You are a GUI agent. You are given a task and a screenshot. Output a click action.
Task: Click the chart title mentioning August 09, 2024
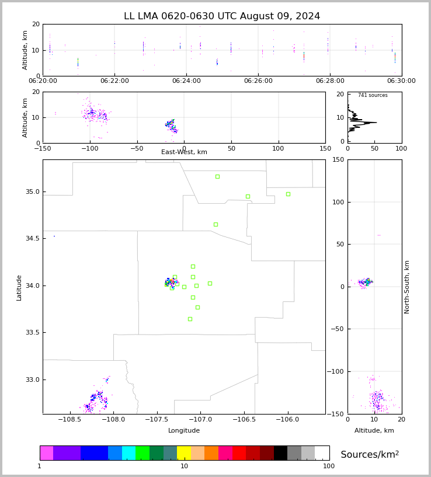click(222, 16)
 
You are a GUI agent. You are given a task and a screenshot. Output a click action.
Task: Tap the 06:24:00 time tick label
click(186, 81)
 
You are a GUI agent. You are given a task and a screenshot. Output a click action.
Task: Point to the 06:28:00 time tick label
click(330, 81)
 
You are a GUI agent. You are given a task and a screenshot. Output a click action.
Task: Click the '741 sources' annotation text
click(373, 95)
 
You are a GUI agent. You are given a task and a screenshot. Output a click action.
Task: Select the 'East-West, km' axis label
click(184, 152)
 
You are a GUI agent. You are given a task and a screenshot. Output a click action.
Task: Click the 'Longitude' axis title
click(184, 431)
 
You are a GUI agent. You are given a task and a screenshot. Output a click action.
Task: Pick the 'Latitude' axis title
click(19, 287)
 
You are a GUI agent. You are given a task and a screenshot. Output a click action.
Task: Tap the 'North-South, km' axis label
click(408, 287)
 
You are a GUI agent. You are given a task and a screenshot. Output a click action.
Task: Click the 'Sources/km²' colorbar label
click(370, 455)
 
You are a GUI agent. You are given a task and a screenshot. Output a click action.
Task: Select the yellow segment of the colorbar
click(184, 453)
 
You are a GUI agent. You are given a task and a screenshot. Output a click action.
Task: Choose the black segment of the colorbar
click(280, 453)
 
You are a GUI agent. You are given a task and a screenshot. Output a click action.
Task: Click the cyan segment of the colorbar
click(128, 453)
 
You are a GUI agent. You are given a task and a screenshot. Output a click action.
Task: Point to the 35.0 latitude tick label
click(32, 192)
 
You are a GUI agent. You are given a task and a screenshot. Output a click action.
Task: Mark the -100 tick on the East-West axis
click(89, 148)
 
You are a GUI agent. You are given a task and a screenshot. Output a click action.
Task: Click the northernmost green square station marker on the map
click(217, 176)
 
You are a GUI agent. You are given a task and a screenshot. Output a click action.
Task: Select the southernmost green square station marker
click(190, 319)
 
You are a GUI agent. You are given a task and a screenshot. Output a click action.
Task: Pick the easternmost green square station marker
click(288, 194)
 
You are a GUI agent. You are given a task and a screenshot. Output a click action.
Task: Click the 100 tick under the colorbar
click(329, 466)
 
